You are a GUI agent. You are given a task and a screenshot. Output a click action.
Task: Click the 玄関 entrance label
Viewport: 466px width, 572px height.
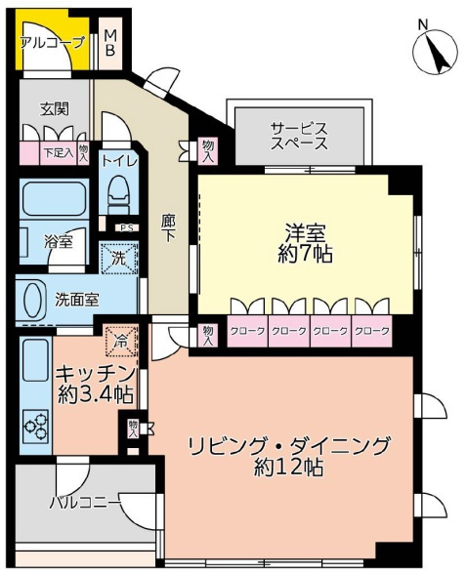tap(53, 108)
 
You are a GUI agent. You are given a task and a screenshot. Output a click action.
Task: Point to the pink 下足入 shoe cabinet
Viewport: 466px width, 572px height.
tap(57, 152)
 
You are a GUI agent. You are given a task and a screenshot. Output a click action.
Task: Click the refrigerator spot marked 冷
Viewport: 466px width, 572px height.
tap(121, 342)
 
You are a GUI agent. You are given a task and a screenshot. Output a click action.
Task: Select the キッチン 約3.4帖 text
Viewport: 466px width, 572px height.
tap(94, 383)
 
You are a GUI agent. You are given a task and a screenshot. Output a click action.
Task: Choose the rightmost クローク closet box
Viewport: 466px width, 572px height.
tap(371, 331)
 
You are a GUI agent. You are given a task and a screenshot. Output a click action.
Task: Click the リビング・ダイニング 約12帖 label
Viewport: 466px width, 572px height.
tap(288, 456)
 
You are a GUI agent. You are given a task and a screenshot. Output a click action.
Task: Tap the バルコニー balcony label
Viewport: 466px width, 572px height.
tap(85, 502)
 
